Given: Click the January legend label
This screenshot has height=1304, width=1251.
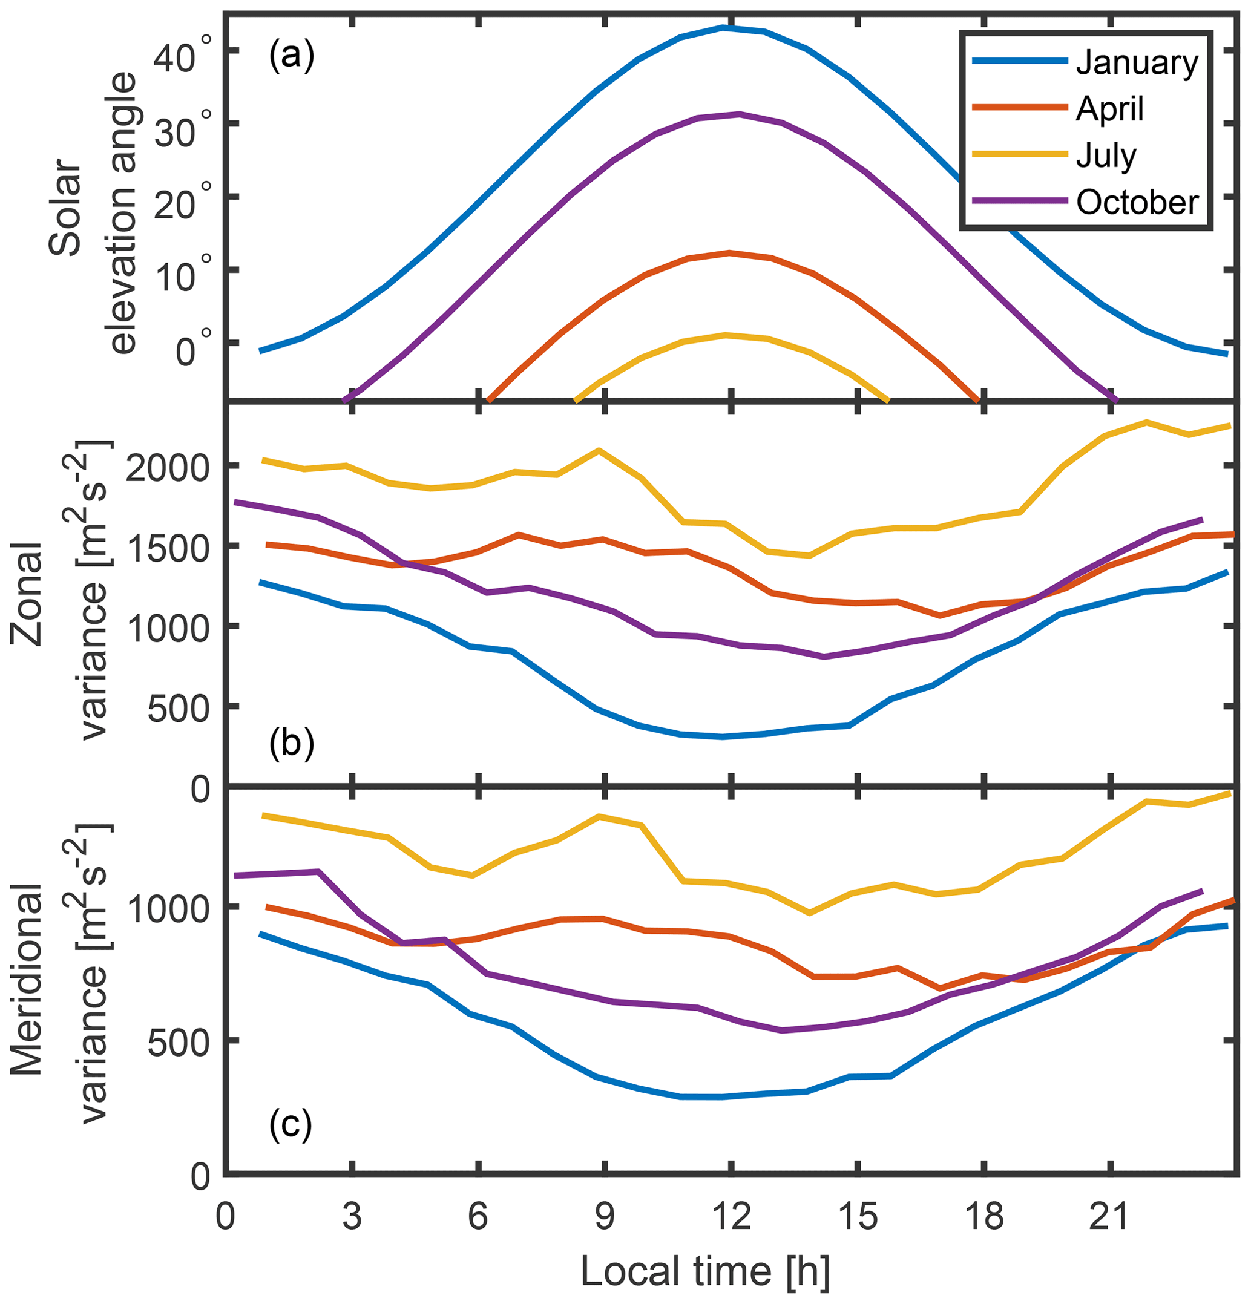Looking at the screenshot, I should coord(1137,62).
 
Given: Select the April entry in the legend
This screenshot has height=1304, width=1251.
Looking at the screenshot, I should coord(1109,108).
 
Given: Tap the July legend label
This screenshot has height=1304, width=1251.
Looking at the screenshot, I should coord(1106,156).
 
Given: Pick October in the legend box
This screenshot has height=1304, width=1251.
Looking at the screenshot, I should coord(1137,202).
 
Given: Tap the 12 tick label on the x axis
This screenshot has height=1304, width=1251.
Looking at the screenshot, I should coord(731,1217).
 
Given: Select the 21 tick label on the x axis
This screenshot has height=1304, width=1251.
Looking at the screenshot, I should coord(1109,1217).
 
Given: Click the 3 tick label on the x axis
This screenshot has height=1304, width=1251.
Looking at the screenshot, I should coord(352,1217).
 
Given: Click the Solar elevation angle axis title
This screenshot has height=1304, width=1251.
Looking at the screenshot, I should coord(93,213).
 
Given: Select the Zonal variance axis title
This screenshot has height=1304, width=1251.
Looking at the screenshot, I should coord(60,592).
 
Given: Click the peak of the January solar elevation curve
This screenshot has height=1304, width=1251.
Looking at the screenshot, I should coord(723,28).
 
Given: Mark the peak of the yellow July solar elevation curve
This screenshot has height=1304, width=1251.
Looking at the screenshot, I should coord(725,335).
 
